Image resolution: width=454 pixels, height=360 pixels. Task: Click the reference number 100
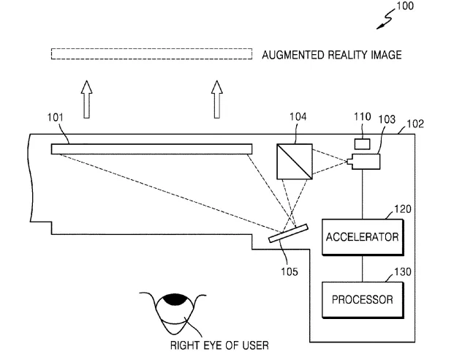pyautogui.click(x=405, y=6)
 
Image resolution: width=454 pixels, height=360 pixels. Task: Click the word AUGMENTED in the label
pyautogui.click(x=293, y=55)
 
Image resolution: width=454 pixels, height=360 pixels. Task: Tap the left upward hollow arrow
pyautogui.click(x=86, y=100)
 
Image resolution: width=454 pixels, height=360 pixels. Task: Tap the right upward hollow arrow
pyautogui.click(x=217, y=100)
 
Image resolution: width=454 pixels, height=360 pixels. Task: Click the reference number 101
pyautogui.click(x=56, y=117)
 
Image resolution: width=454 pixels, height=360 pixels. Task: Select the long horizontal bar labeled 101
pyautogui.click(x=151, y=149)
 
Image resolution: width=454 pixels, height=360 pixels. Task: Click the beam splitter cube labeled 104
pyautogui.click(x=295, y=162)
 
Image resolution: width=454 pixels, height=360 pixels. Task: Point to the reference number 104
pyautogui.click(x=298, y=116)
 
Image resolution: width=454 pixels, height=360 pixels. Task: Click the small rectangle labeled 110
pyautogui.click(x=362, y=144)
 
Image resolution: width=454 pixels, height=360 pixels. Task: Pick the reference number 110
pyautogui.click(x=362, y=116)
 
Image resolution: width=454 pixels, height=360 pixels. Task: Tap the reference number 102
pyautogui.click(x=415, y=124)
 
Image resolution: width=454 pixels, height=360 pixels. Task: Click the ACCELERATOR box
pyautogui.click(x=363, y=237)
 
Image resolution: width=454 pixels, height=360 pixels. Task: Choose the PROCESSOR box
pyautogui.click(x=363, y=300)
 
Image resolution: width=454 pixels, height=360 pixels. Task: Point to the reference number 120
pyautogui.click(x=403, y=209)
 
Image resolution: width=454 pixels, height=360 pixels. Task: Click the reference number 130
pyautogui.click(x=403, y=271)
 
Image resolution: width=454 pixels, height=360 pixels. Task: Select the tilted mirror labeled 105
pyautogui.click(x=288, y=233)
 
